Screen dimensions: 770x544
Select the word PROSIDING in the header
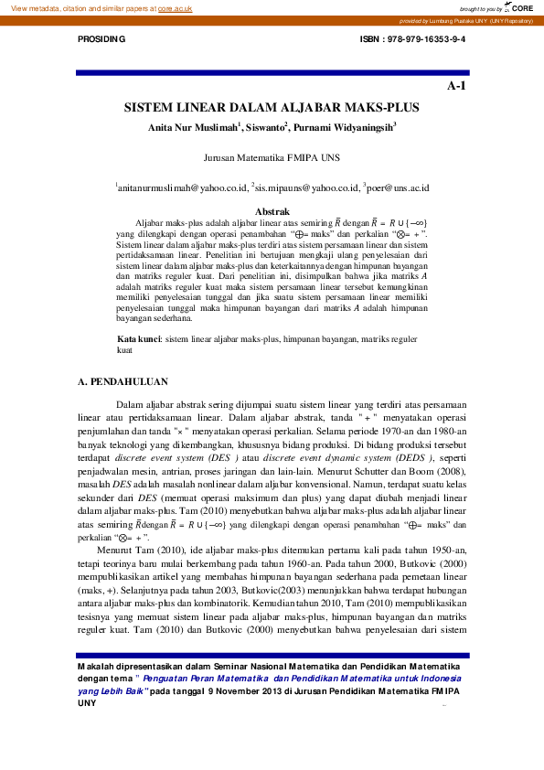(102, 41)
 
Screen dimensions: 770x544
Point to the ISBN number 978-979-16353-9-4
(426, 41)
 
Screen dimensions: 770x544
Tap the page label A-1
(456, 86)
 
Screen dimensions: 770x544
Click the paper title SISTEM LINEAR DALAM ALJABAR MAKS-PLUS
(272, 108)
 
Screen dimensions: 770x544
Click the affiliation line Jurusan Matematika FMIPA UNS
(272, 157)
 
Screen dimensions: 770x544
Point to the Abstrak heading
(272, 211)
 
